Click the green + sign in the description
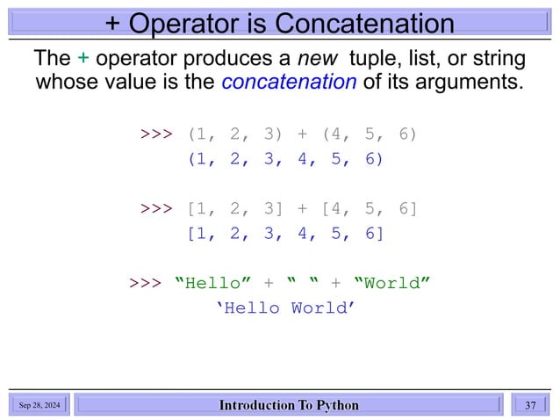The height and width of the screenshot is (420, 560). pos(83,59)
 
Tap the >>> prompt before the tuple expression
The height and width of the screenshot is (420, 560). pos(157,135)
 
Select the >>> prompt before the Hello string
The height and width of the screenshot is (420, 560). pos(145,283)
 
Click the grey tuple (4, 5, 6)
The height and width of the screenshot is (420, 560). pos(370,135)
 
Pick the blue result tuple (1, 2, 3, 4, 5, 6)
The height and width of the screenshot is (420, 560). pos(285,160)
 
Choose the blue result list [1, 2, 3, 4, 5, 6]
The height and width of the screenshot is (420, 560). pos(285,234)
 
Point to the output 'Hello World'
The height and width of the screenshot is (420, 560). pos(291,308)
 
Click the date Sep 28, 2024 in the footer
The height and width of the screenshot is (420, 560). pos(40,405)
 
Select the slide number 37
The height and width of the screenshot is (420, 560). pos(529,405)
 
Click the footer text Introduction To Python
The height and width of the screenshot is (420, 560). pos(289,405)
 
